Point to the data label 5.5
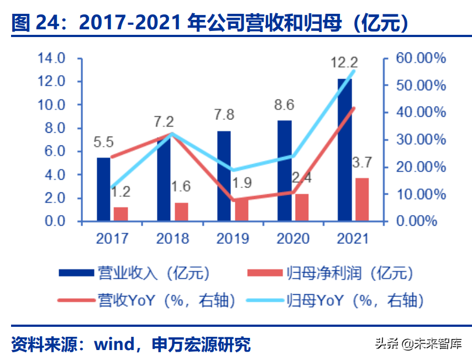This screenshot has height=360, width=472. [103, 142]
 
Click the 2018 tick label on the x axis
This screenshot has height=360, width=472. [172, 238]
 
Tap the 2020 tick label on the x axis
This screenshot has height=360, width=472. [293, 238]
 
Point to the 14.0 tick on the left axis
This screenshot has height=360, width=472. [51, 58]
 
